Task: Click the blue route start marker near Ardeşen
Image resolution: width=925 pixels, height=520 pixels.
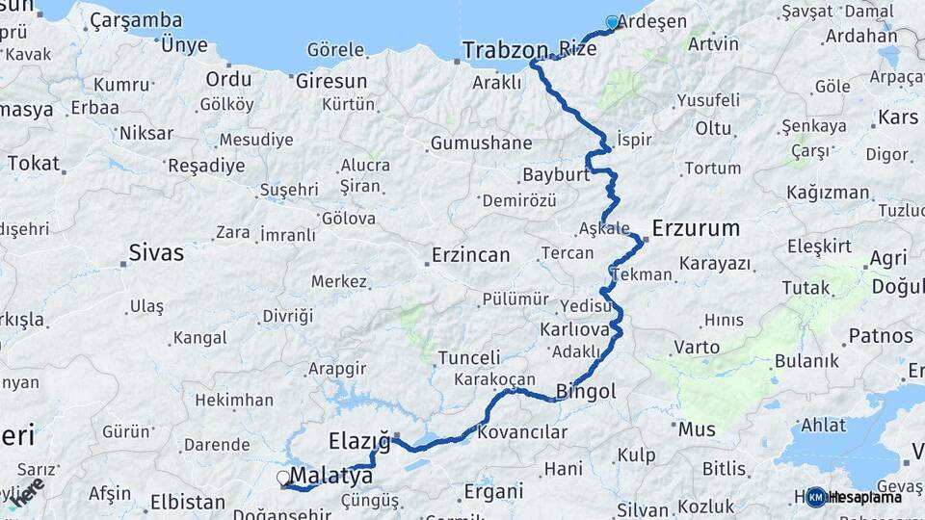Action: [612, 22]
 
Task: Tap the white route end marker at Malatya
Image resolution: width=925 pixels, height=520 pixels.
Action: [283, 478]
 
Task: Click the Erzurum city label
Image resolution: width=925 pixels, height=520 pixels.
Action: [696, 229]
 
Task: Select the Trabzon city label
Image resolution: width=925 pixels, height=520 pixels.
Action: [505, 50]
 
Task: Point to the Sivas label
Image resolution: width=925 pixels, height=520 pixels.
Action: [156, 254]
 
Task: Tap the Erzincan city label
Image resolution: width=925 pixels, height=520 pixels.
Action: [471, 255]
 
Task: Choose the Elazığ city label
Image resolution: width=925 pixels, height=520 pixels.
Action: [358, 441]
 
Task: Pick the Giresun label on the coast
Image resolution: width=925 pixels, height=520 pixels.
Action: [331, 81]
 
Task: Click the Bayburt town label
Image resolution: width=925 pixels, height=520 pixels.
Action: [555, 175]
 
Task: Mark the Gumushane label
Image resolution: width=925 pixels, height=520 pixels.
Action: [481, 143]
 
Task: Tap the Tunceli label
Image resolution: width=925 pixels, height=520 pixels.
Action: [469, 357]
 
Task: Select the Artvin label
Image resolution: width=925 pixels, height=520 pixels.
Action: [714, 43]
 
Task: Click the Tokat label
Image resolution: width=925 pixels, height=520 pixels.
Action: [34, 163]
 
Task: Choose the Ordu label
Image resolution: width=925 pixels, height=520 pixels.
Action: [228, 79]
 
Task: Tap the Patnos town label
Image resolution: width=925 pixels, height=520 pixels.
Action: [881, 336]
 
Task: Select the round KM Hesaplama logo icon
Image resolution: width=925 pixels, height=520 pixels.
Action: [816, 497]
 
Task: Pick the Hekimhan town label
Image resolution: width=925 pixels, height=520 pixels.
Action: [234, 400]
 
